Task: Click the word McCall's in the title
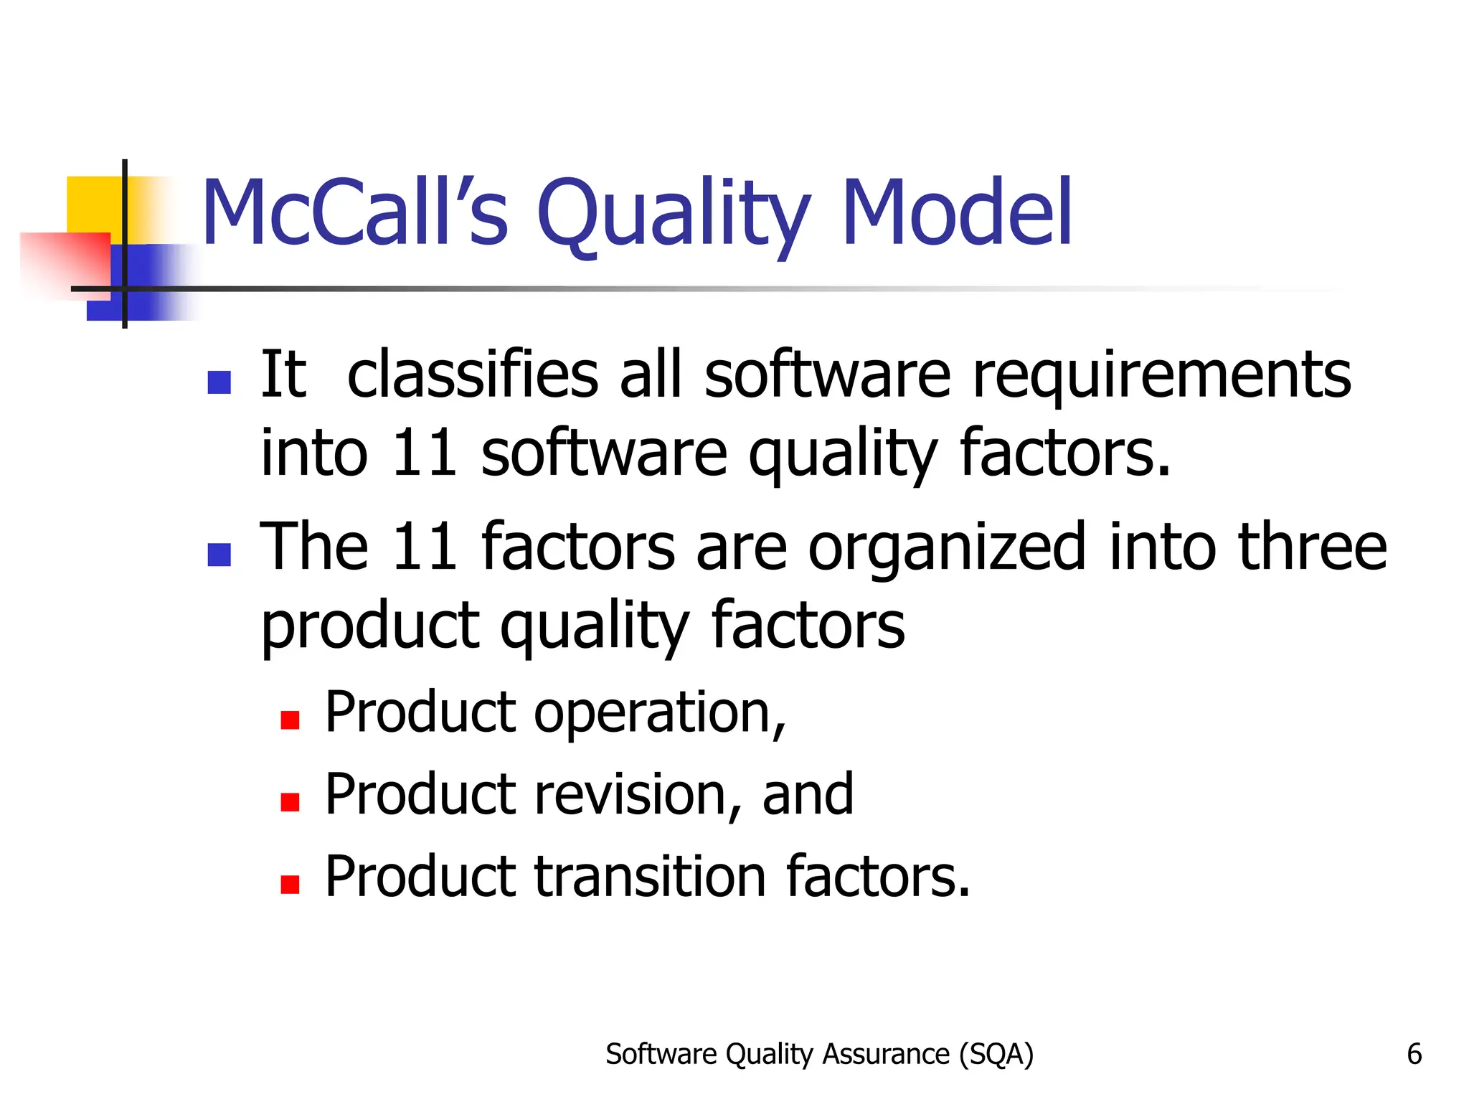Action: (x=355, y=213)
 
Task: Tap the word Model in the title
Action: (x=957, y=213)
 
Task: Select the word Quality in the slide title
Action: (x=673, y=215)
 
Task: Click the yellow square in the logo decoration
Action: (x=94, y=204)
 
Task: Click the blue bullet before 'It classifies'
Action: (x=219, y=382)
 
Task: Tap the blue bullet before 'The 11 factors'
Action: (x=219, y=555)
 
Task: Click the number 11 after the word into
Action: (x=425, y=453)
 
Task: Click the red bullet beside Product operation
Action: (x=290, y=720)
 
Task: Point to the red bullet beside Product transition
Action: (x=290, y=885)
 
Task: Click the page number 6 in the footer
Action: (x=1414, y=1054)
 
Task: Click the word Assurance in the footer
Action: (x=886, y=1054)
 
